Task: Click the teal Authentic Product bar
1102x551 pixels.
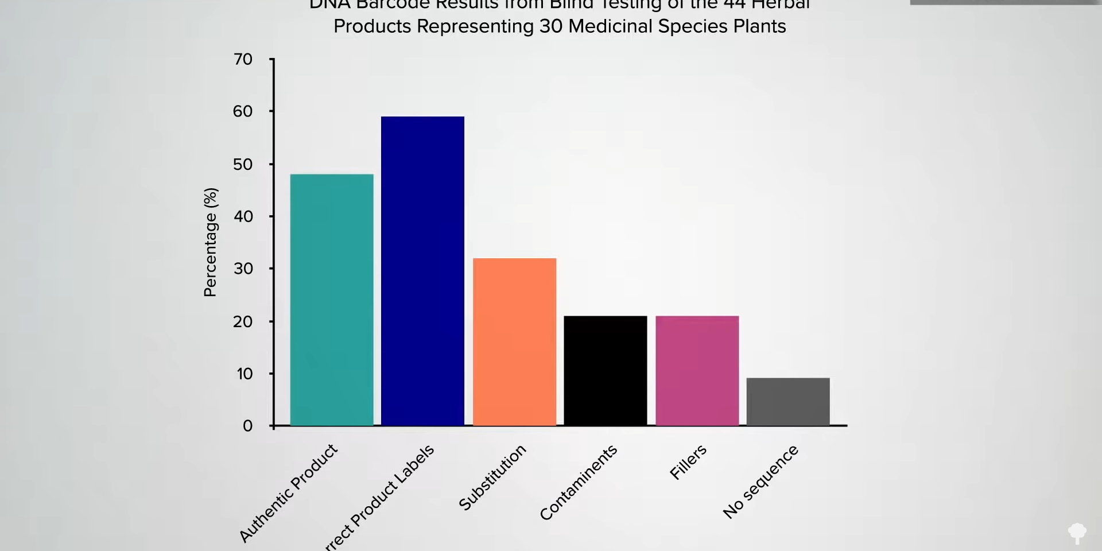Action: (x=332, y=300)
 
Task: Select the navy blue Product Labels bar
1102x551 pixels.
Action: (x=422, y=271)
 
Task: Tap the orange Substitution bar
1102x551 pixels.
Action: (x=514, y=342)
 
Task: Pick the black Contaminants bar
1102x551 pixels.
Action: (x=606, y=370)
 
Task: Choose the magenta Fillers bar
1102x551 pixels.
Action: (x=697, y=370)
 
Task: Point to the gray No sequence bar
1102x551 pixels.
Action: (x=788, y=401)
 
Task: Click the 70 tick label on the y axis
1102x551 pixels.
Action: (x=243, y=59)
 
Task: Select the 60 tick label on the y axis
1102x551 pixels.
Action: (x=243, y=111)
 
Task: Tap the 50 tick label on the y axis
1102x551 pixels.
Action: (x=243, y=164)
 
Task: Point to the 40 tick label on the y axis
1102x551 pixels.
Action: (x=243, y=216)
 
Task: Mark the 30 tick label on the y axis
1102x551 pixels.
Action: (x=243, y=269)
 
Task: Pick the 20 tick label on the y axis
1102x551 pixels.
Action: (x=243, y=321)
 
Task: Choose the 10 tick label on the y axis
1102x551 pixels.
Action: (x=245, y=374)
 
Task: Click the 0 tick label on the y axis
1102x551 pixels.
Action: (x=248, y=426)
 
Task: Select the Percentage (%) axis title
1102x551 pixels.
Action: (x=211, y=242)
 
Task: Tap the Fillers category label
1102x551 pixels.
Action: (x=688, y=462)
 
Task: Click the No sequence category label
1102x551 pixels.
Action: (x=760, y=482)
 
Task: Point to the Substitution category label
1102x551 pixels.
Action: (x=492, y=477)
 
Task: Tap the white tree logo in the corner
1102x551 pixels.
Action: (x=1077, y=533)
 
